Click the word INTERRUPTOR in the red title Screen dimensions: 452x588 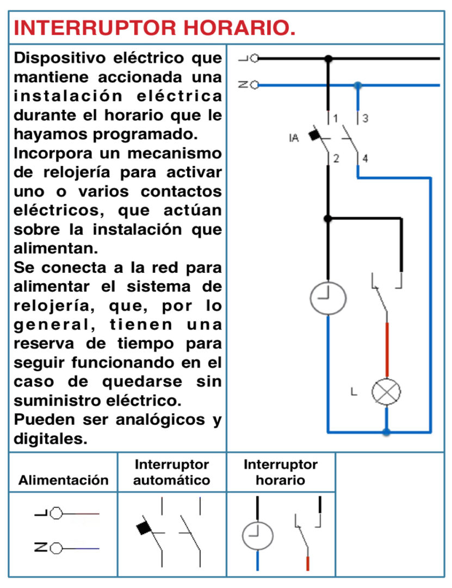point(95,28)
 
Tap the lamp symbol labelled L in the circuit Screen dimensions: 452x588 point(386,392)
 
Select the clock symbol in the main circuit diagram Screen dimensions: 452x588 point(328,298)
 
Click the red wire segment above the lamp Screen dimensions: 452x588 point(387,350)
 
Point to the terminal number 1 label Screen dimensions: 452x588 point(336,119)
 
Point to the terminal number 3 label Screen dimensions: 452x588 point(365,119)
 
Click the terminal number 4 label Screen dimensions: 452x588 point(365,158)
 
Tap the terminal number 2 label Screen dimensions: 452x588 point(336,158)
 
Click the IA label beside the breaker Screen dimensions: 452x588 point(294,138)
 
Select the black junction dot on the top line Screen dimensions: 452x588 point(329,58)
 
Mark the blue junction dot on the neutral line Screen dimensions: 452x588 point(358,85)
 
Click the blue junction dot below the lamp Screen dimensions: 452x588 point(386,432)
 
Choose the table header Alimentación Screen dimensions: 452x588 point(63,480)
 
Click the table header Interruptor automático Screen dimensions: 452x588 point(172,472)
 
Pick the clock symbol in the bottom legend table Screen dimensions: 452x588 point(257,536)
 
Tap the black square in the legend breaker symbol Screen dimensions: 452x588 point(144,528)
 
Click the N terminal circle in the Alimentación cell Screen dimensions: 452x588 point(56,549)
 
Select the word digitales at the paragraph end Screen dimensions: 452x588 point(51,439)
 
